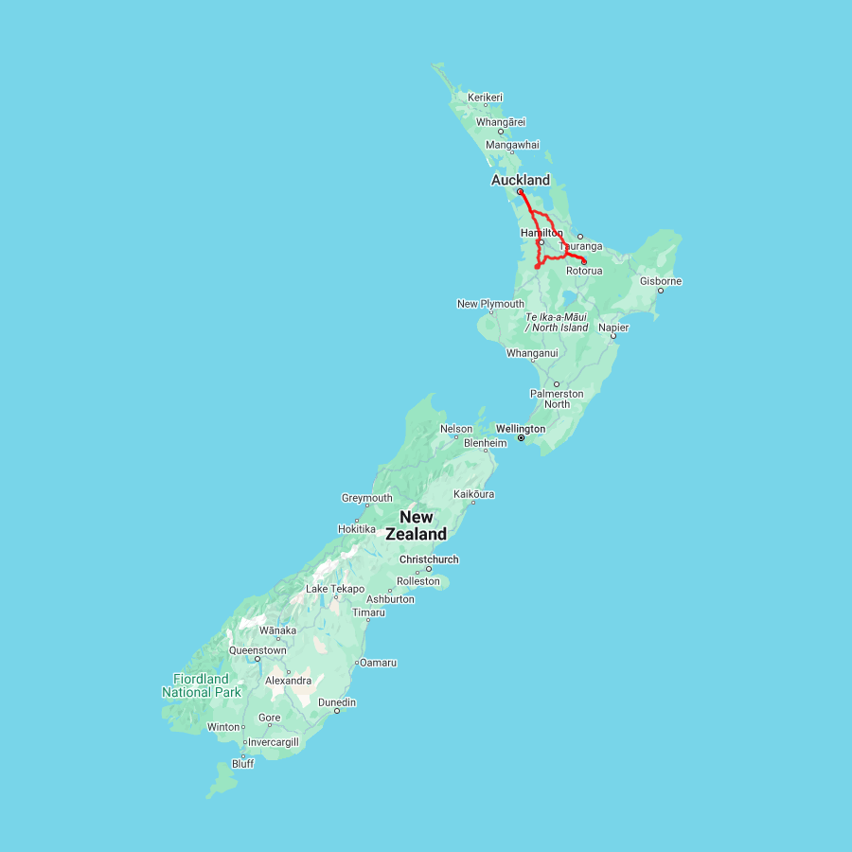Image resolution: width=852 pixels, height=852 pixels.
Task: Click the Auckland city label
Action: point(520,180)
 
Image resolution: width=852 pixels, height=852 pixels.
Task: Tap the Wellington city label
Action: point(521,429)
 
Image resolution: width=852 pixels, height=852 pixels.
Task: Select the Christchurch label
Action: point(429,559)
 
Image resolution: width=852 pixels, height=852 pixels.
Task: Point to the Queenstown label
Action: point(257,650)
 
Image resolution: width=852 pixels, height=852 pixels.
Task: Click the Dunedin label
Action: point(337,702)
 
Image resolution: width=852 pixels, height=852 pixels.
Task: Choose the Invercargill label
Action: point(273,742)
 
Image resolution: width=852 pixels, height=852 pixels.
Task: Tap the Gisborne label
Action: point(661,281)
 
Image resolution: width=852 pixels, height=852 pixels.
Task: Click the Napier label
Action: point(613,328)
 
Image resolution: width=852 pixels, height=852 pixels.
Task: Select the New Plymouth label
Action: point(490,304)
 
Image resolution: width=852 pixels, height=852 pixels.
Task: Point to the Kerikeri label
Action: point(486,97)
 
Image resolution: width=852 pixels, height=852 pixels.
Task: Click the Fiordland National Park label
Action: point(201,685)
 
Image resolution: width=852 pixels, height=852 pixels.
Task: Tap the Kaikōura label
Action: point(474,494)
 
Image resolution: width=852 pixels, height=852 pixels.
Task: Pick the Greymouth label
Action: point(366,498)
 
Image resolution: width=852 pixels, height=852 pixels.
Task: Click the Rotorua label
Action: point(584,271)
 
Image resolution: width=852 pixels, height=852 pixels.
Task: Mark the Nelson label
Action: point(456,429)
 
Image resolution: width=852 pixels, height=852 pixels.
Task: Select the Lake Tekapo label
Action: point(335,589)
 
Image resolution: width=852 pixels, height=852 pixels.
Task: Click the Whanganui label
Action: point(532,353)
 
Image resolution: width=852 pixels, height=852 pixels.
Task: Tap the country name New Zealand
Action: point(417,525)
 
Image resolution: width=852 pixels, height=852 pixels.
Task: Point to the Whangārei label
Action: point(501,122)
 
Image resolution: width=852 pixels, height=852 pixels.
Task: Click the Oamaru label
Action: point(378,662)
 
